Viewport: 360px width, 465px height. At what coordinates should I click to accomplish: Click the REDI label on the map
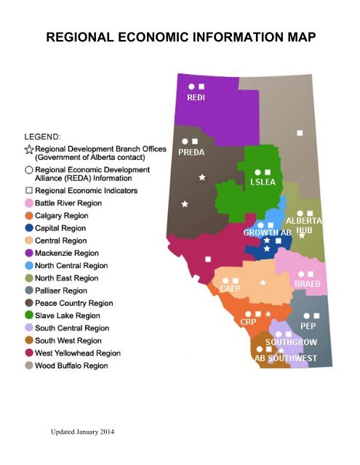pos(196,98)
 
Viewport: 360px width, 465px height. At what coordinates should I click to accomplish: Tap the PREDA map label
pos(192,153)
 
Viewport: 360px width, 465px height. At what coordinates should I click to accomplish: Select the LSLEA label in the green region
pos(262,182)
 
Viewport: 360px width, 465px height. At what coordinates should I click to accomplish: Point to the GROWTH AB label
pos(267,233)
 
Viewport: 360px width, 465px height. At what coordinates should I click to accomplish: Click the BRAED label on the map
pos(308,284)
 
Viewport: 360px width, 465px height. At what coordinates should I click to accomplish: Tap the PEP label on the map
pos(307,326)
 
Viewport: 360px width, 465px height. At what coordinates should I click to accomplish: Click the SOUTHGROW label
pos(290,341)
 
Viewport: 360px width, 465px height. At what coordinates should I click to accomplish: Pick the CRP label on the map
pos(248,320)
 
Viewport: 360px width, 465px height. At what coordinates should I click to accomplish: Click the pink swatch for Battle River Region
pos(29,204)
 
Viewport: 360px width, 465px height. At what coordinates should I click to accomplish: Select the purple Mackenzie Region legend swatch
pos(29,253)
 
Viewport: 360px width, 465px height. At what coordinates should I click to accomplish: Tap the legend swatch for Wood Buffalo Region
pos(29,365)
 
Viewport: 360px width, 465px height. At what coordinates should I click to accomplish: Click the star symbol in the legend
pos(29,149)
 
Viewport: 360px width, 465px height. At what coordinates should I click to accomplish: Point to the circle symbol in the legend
pos(29,170)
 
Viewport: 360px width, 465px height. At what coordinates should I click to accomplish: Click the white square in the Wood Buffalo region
pos(300,132)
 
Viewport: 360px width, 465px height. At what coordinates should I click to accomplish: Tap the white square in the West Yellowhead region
pos(208,259)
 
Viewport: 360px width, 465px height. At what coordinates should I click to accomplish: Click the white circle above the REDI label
pos(191,86)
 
